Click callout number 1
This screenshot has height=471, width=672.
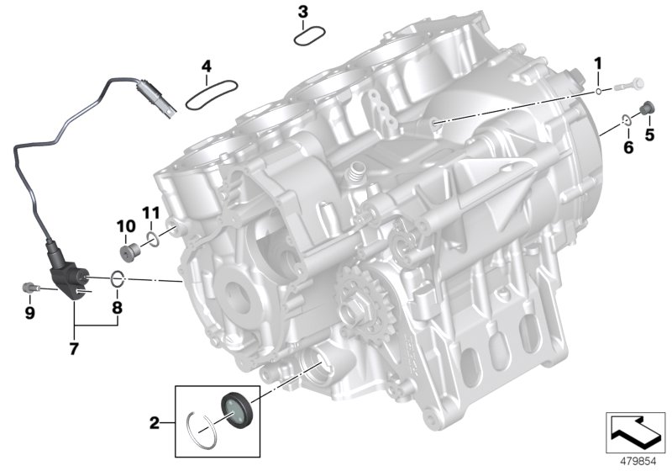(x=599, y=63)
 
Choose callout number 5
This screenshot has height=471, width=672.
(x=648, y=133)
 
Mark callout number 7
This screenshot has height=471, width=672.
(x=74, y=347)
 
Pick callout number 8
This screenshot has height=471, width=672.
(x=117, y=308)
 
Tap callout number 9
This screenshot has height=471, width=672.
(x=29, y=314)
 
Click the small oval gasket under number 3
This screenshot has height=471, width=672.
(x=308, y=36)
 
